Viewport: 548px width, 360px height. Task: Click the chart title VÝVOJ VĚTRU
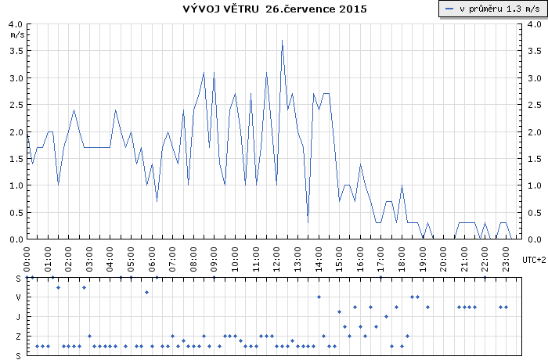pos(220,9)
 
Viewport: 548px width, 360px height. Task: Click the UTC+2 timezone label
pos(534,259)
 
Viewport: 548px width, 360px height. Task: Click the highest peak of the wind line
pos(282,41)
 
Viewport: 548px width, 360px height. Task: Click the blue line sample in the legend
pos(449,9)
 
